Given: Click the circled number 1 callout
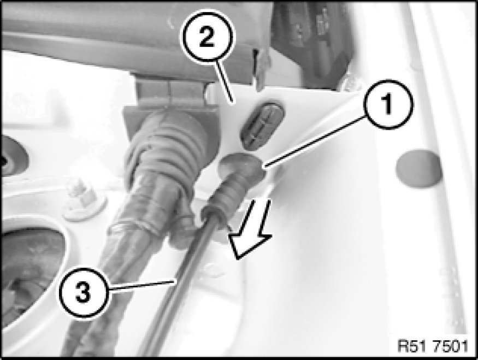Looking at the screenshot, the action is click(x=387, y=104).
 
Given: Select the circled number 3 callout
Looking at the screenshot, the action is click(x=84, y=293).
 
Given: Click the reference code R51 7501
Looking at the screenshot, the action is click(x=433, y=346).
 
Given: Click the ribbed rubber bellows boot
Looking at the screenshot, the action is click(x=164, y=146).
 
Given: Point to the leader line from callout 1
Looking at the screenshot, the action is click(x=315, y=142).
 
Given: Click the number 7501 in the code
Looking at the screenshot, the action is click(x=450, y=346).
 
